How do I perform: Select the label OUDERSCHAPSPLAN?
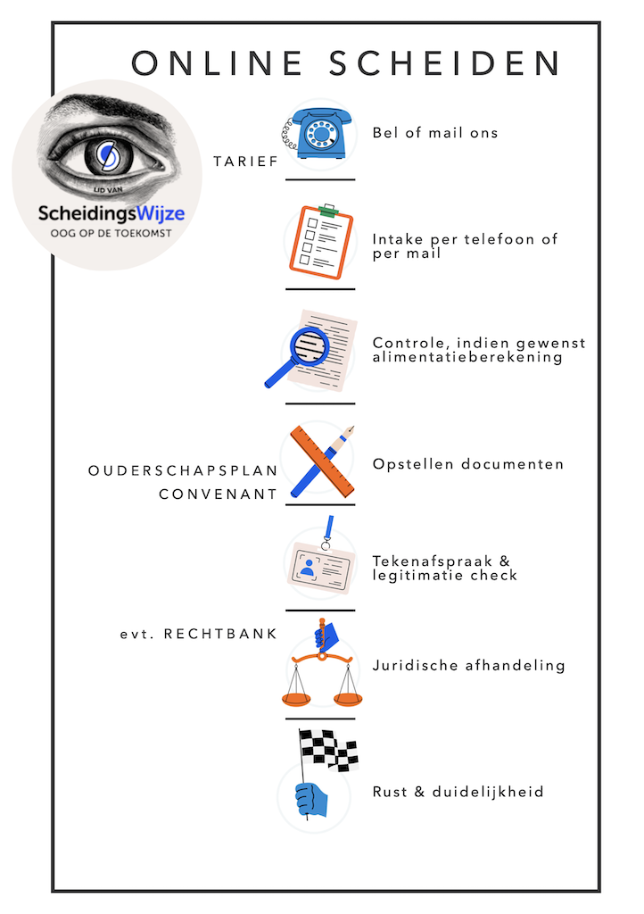pyautogui.click(x=184, y=470)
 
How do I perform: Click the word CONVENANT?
pyautogui.click(x=219, y=494)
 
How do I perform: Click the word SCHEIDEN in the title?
pyautogui.click(x=445, y=63)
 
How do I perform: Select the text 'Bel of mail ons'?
pyautogui.click(x=434, y=133)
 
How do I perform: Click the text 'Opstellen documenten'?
pyautogui.click(x=468, y=464)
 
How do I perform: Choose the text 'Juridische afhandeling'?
pyautogui.click(x=468, y=665)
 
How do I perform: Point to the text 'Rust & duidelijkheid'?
pyautogui.click(x=458, y=792)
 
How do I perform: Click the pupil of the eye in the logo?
pyautogui.click(x=106, y=154)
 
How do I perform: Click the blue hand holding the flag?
pyautogui.click(x=311, y=799)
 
